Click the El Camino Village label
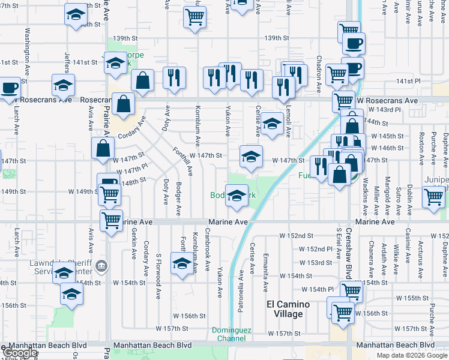click(288, 309)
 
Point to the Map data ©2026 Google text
click(412, 355)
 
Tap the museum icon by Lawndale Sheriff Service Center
click(101, 265)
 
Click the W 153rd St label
click(316, 263)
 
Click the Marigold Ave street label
click(388, 196)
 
